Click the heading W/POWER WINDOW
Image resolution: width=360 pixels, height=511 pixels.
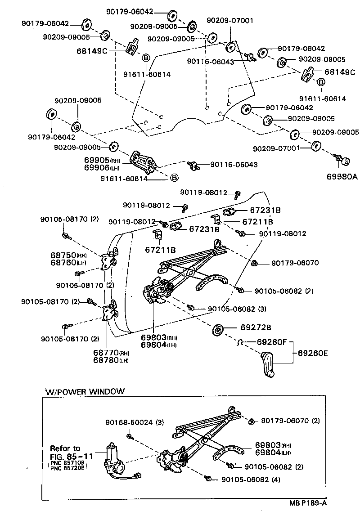click(85, 391)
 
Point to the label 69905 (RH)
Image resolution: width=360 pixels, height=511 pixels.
click(102, 160)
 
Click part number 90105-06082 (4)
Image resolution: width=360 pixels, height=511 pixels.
click(250, 480)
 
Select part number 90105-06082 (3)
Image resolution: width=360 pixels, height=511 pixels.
click(237, 309)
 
